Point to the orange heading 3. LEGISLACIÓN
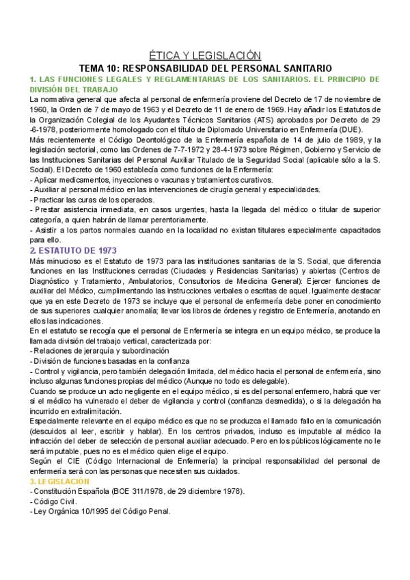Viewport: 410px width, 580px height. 61,482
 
